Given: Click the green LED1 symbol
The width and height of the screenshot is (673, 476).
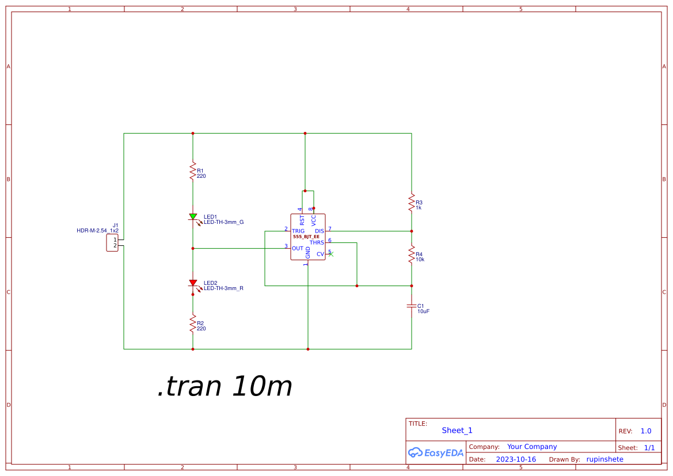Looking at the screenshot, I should tap(193, 217).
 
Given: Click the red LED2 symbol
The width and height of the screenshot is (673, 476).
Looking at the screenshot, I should tap(193, 283).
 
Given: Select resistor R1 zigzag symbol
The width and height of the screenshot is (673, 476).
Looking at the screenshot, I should tap(193, 171).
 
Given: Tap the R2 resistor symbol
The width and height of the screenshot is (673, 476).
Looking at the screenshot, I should tap(193, 324).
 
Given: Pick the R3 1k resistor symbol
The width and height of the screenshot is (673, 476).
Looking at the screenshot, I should tap(412, 203).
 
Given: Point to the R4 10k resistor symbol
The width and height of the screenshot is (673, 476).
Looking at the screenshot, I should tap(412, 254).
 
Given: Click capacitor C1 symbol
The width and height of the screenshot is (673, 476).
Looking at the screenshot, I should tap(412, 306).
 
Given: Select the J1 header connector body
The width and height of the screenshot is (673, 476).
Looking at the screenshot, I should tap(112, 242).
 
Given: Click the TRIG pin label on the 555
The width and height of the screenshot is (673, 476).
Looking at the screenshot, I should tap(298, 231).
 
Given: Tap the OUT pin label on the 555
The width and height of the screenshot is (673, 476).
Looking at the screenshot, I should tap(298, 249).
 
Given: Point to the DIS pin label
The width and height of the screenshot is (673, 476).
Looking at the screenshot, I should tap(320, 231).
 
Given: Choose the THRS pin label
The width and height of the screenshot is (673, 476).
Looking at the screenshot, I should tap(317, 242).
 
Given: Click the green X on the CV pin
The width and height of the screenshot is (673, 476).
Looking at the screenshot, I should tap(331, 254).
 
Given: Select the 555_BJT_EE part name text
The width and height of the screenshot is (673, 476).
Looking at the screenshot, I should tap(306, 237).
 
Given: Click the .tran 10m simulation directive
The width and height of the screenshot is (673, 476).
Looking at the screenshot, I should tap(225, 387).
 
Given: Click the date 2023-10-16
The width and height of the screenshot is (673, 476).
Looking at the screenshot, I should tap(516, 459).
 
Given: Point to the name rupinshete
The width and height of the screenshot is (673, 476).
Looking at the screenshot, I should tap(604, 459).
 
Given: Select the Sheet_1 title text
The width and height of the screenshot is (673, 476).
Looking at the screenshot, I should tap(457, 431).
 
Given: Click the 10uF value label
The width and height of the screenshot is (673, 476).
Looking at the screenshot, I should tap(424, 311).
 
